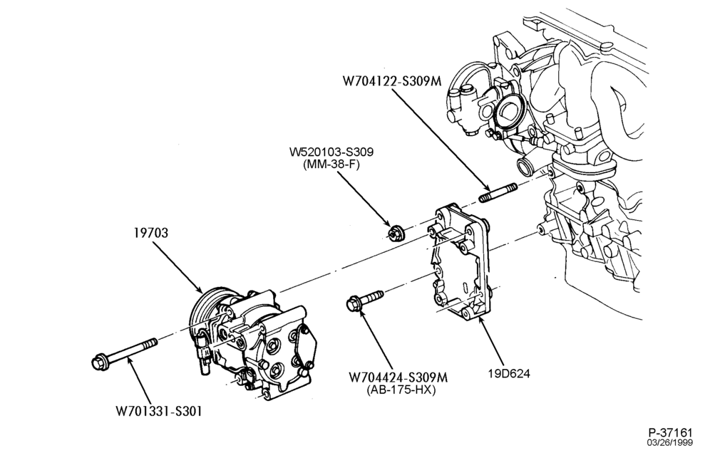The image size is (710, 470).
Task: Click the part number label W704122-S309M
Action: (391, 80)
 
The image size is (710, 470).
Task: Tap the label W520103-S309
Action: (331, 152)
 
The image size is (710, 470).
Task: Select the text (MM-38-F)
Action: (331, 164)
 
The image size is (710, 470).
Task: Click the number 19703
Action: (151, 233)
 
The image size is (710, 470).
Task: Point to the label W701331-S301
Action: (158, 411)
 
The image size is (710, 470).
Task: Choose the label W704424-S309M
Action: (398, 377)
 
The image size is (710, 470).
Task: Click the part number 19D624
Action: (509, 373)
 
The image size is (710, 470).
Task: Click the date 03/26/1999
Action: (669, 442)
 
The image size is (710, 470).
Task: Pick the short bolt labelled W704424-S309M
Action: (364, 301)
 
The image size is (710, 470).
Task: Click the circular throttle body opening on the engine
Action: (508, 113)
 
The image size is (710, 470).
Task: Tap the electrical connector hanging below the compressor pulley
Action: (204, 353)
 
